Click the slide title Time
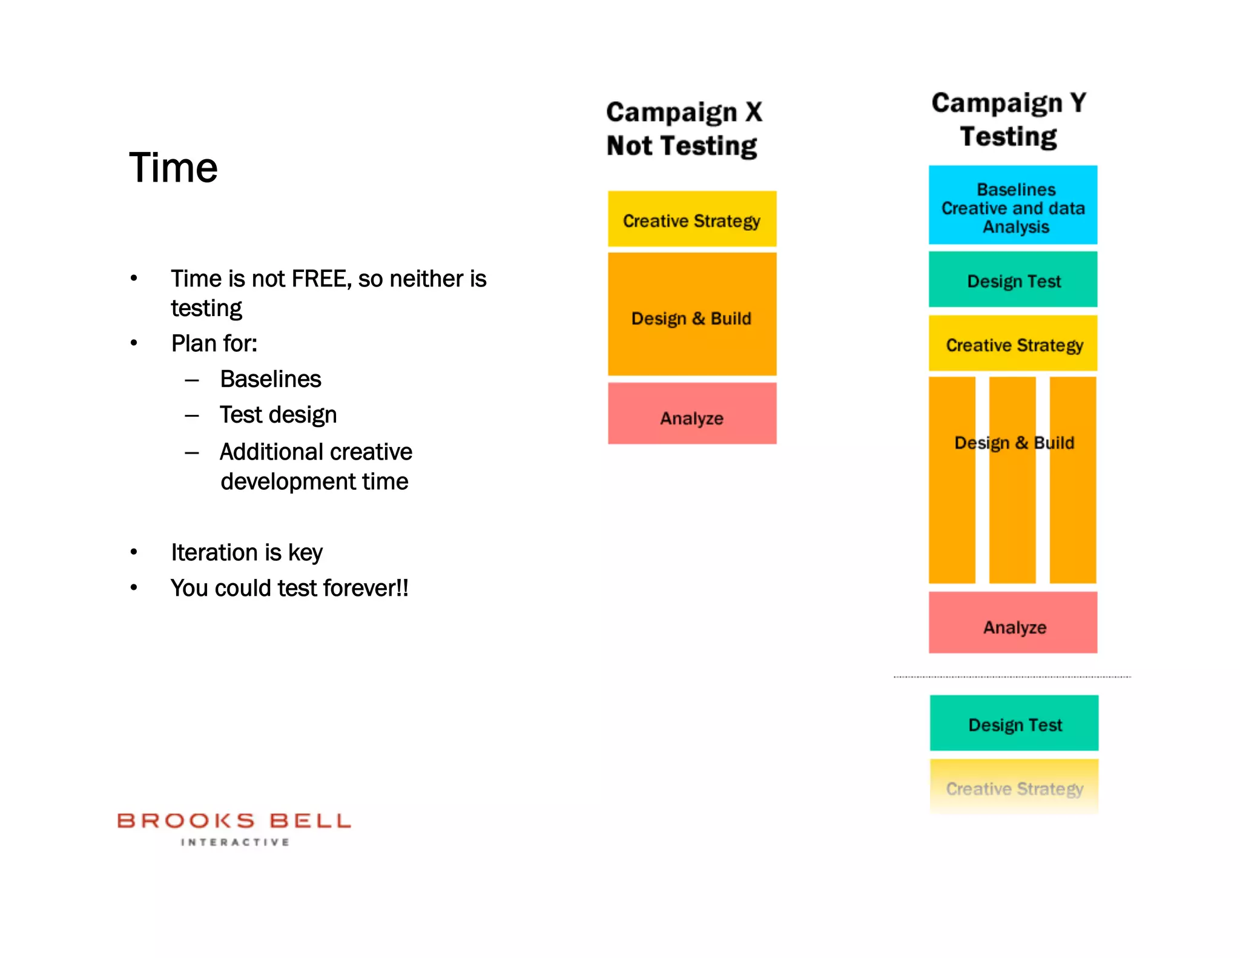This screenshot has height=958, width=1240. (173, 168)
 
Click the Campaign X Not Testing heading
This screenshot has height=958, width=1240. (684, 129)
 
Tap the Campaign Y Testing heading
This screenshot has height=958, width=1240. (1009, 119)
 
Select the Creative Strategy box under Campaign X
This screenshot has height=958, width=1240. (691, 219)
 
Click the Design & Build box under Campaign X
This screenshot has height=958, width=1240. (691, 315)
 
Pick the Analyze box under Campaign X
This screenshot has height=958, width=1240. (691, 414)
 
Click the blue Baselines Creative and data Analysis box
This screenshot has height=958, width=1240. (1013, 205)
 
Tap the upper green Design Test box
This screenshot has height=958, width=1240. (1013, 280)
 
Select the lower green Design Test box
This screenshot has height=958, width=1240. (1014, 723)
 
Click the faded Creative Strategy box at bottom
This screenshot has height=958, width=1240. (1014, 787)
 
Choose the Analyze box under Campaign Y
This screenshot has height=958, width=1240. (1013, 623)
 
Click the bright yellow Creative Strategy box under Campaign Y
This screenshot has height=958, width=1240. (1013, 343)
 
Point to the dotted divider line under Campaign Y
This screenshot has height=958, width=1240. (1012, 676)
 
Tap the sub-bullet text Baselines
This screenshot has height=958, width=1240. (271, 379)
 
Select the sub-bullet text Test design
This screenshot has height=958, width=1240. (278, 415)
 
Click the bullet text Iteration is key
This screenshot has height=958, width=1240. (246, 553)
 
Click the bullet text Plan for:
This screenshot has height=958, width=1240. (214, 343)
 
